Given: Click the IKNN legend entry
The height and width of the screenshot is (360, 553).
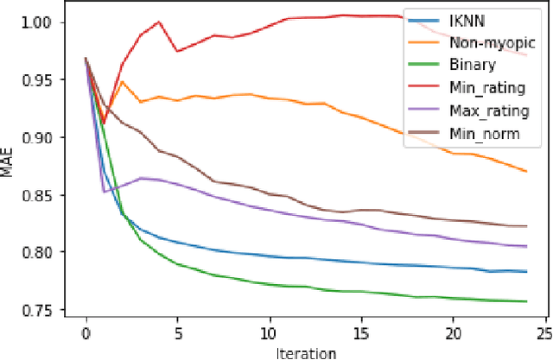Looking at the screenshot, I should coord(467,19).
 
